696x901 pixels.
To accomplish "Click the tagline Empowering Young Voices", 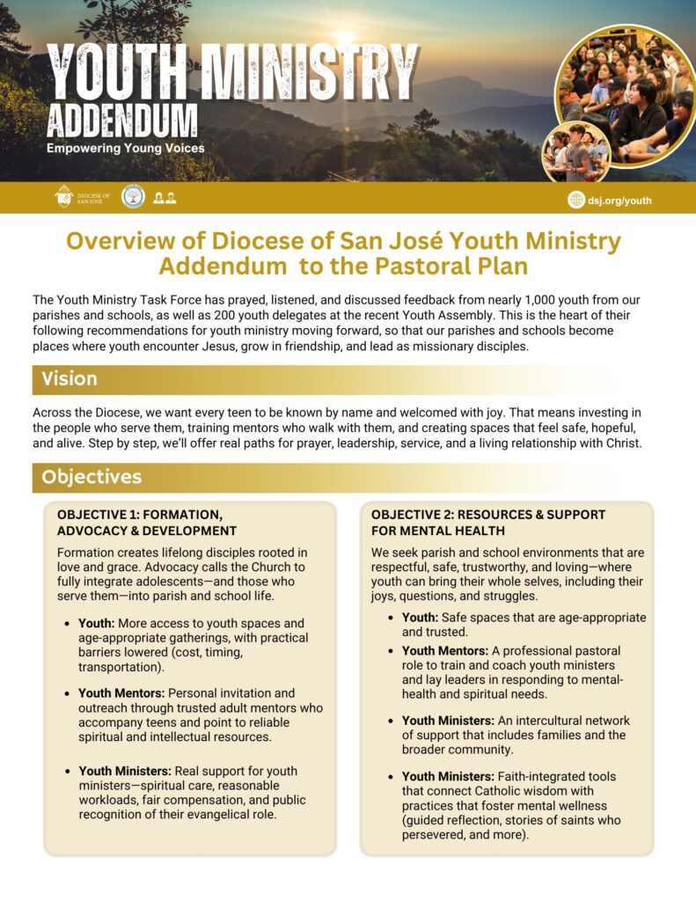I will click(125, 148).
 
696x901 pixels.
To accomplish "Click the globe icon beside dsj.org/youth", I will click(576, 200).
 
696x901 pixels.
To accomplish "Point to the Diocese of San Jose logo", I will click(82, 197).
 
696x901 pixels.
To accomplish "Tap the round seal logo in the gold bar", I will click(133, 196).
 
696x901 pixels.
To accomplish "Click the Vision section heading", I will click(70, 379).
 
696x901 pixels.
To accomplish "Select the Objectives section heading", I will click(91, 477).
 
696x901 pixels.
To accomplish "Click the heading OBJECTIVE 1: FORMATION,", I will click(139, 514).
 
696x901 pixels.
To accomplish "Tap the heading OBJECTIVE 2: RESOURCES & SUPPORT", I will click(488, 514).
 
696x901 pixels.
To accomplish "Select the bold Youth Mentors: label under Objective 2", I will click(444, 650).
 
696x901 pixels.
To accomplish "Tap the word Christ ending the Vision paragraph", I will click(623, 443).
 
